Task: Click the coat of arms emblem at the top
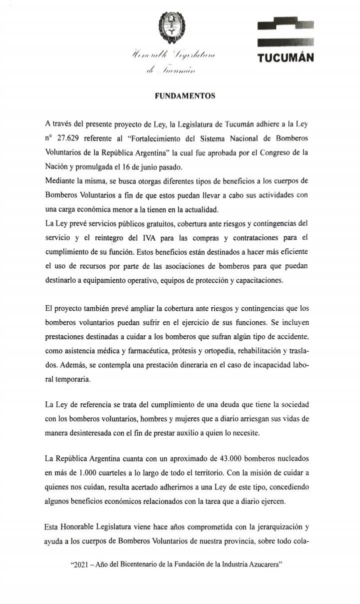click(169, 25)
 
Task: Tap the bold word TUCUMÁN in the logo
click(285, 58)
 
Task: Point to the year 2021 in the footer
click(82, 564)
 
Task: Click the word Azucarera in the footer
click(264, 564)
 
